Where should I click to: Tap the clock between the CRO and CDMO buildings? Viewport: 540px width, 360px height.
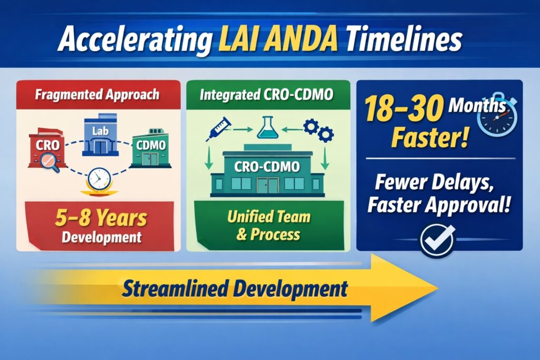(99, 179)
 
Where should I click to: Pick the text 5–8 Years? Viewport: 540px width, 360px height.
(101, 218)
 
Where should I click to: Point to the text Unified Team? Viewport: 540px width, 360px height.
(268, 217)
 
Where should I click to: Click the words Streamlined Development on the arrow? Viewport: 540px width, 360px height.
(235, 289)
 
